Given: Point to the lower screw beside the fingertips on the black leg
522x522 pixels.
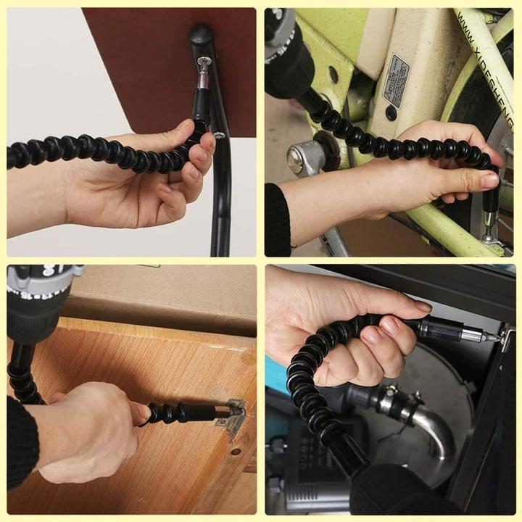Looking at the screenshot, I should coord(218,136).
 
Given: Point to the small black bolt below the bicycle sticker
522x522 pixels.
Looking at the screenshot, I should coord(391,113).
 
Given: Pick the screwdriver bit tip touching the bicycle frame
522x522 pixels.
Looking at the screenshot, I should coord(489,234).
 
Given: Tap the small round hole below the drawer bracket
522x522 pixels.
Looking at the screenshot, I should coord(235,452).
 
